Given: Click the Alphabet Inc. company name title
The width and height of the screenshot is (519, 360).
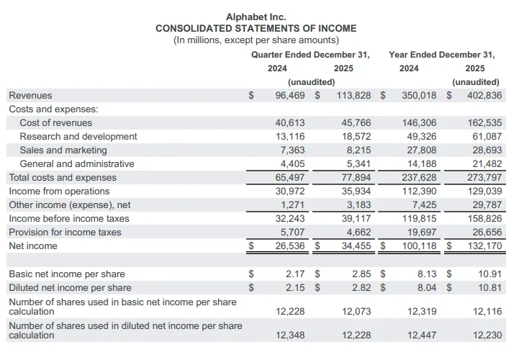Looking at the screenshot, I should (x=256, y=17).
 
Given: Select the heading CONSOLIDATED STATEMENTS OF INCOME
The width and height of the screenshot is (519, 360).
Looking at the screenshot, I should (x=256, y=28).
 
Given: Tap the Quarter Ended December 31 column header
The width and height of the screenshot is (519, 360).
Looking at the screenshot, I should (x=310, y=55).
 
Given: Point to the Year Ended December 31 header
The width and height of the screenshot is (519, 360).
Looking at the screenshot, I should (x=442, y=55).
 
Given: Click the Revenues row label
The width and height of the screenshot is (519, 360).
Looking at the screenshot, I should (x=30, y=95).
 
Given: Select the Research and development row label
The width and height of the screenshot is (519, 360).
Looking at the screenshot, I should (x=78, y=136).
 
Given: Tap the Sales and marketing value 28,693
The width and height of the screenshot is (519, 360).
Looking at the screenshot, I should (x=484, y=150).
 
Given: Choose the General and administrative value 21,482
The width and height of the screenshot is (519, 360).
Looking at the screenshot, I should (x=484, y=163).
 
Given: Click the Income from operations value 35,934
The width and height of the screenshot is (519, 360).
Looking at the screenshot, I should (x=356, y=191).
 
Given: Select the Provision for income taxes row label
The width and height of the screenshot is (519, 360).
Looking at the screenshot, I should (x=65, y=232).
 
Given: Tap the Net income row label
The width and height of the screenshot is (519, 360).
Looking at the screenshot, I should (x=32, y=246).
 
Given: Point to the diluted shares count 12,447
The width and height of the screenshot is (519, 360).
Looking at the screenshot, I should (x=422, y=335).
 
